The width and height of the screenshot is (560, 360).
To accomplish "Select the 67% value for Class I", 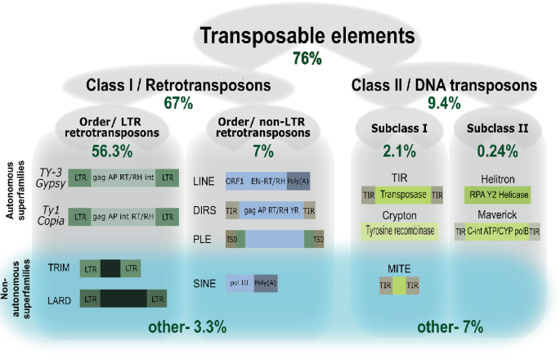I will tap(178, 103).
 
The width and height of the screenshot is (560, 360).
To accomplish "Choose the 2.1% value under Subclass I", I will tap(395, 151).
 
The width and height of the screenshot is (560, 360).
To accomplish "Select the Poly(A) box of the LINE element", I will tap(299, 182).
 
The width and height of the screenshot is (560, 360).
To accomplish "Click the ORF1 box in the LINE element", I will tap(235, 182).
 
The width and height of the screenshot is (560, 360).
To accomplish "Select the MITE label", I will tap(395, 267).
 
